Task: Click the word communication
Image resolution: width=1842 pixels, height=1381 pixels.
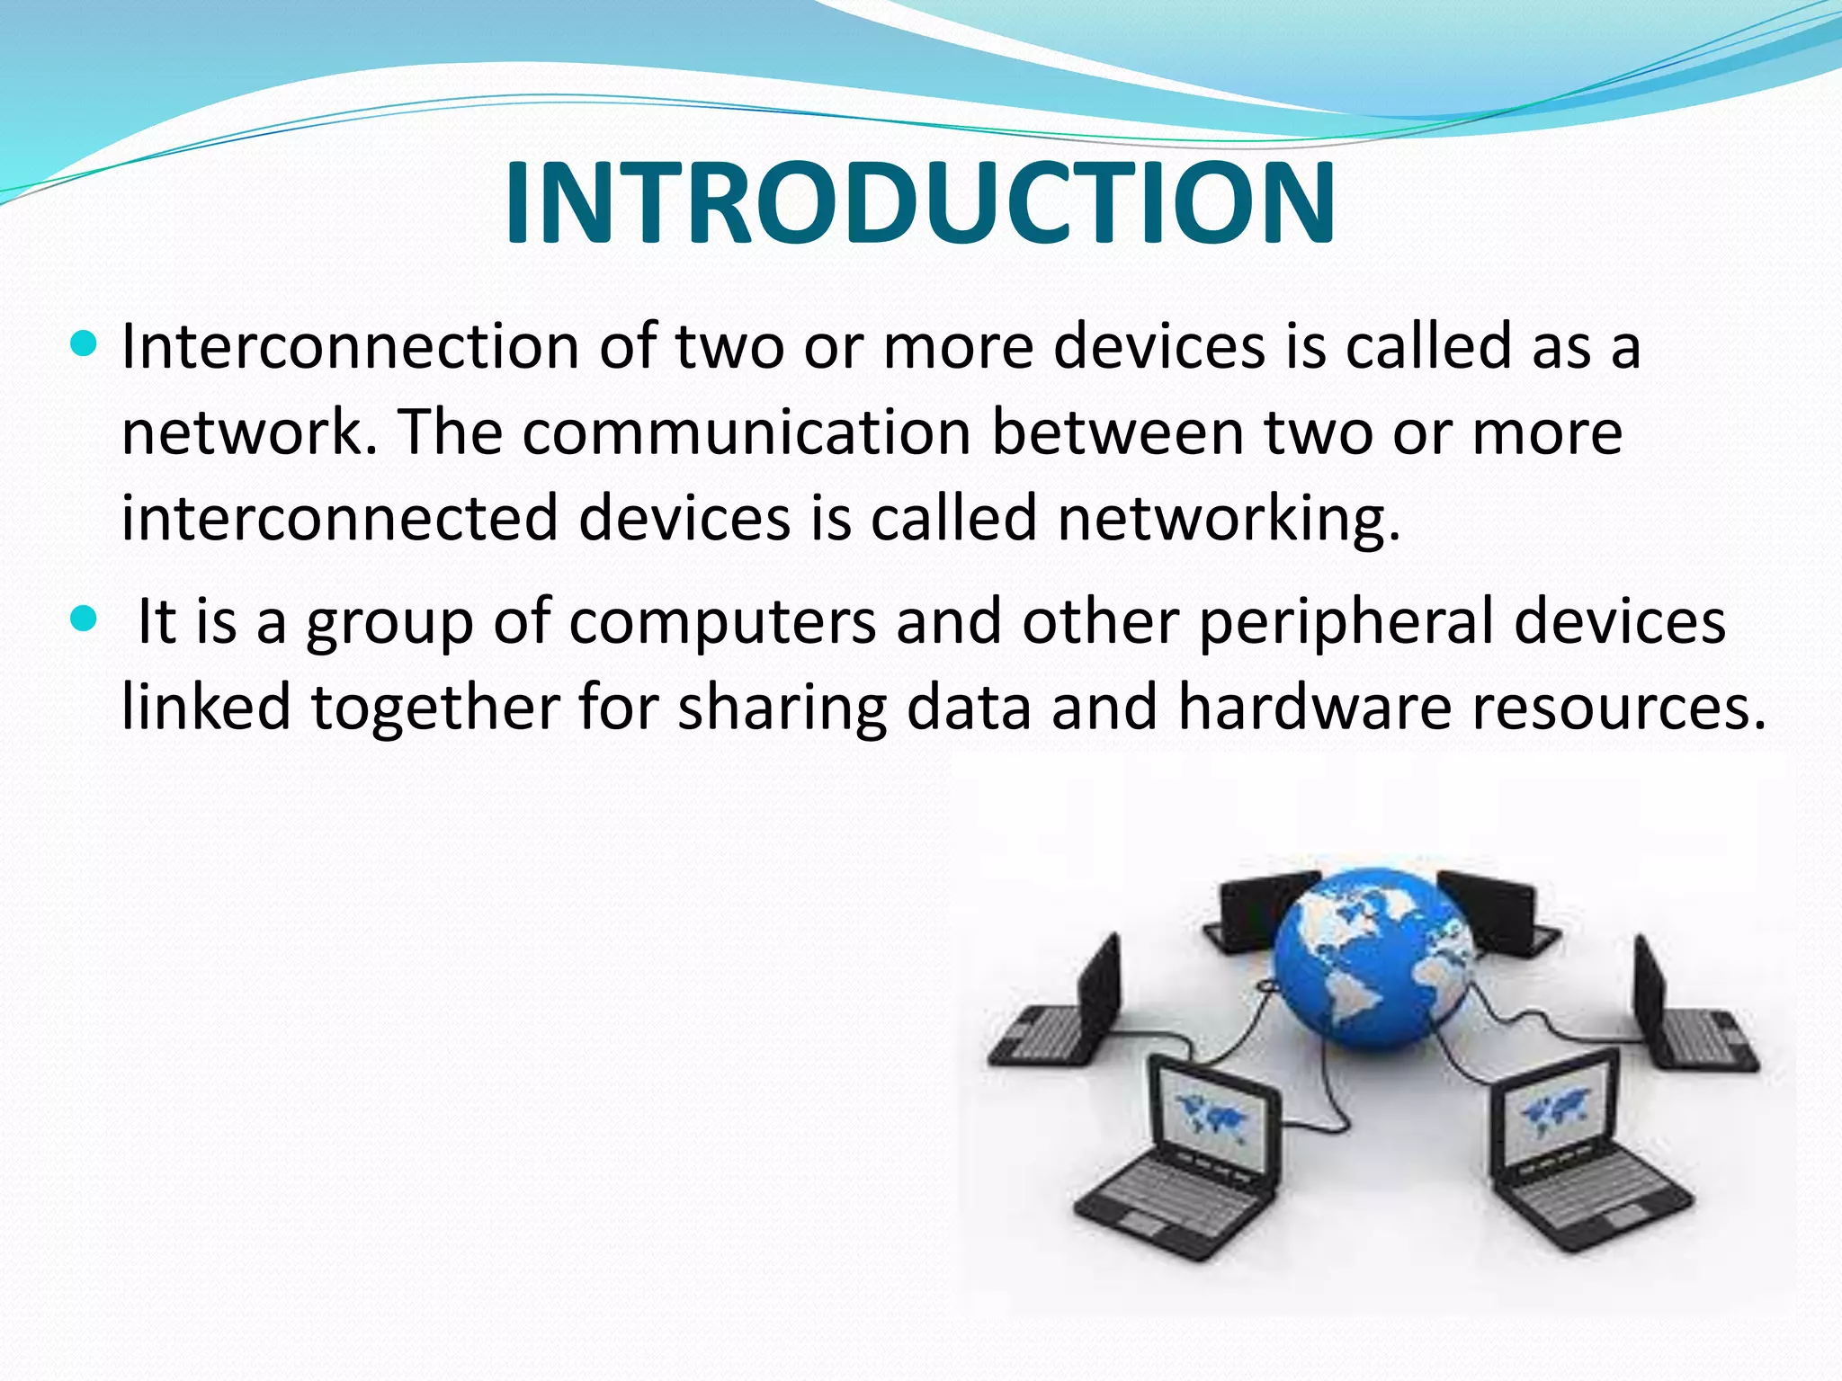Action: [747, 432]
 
